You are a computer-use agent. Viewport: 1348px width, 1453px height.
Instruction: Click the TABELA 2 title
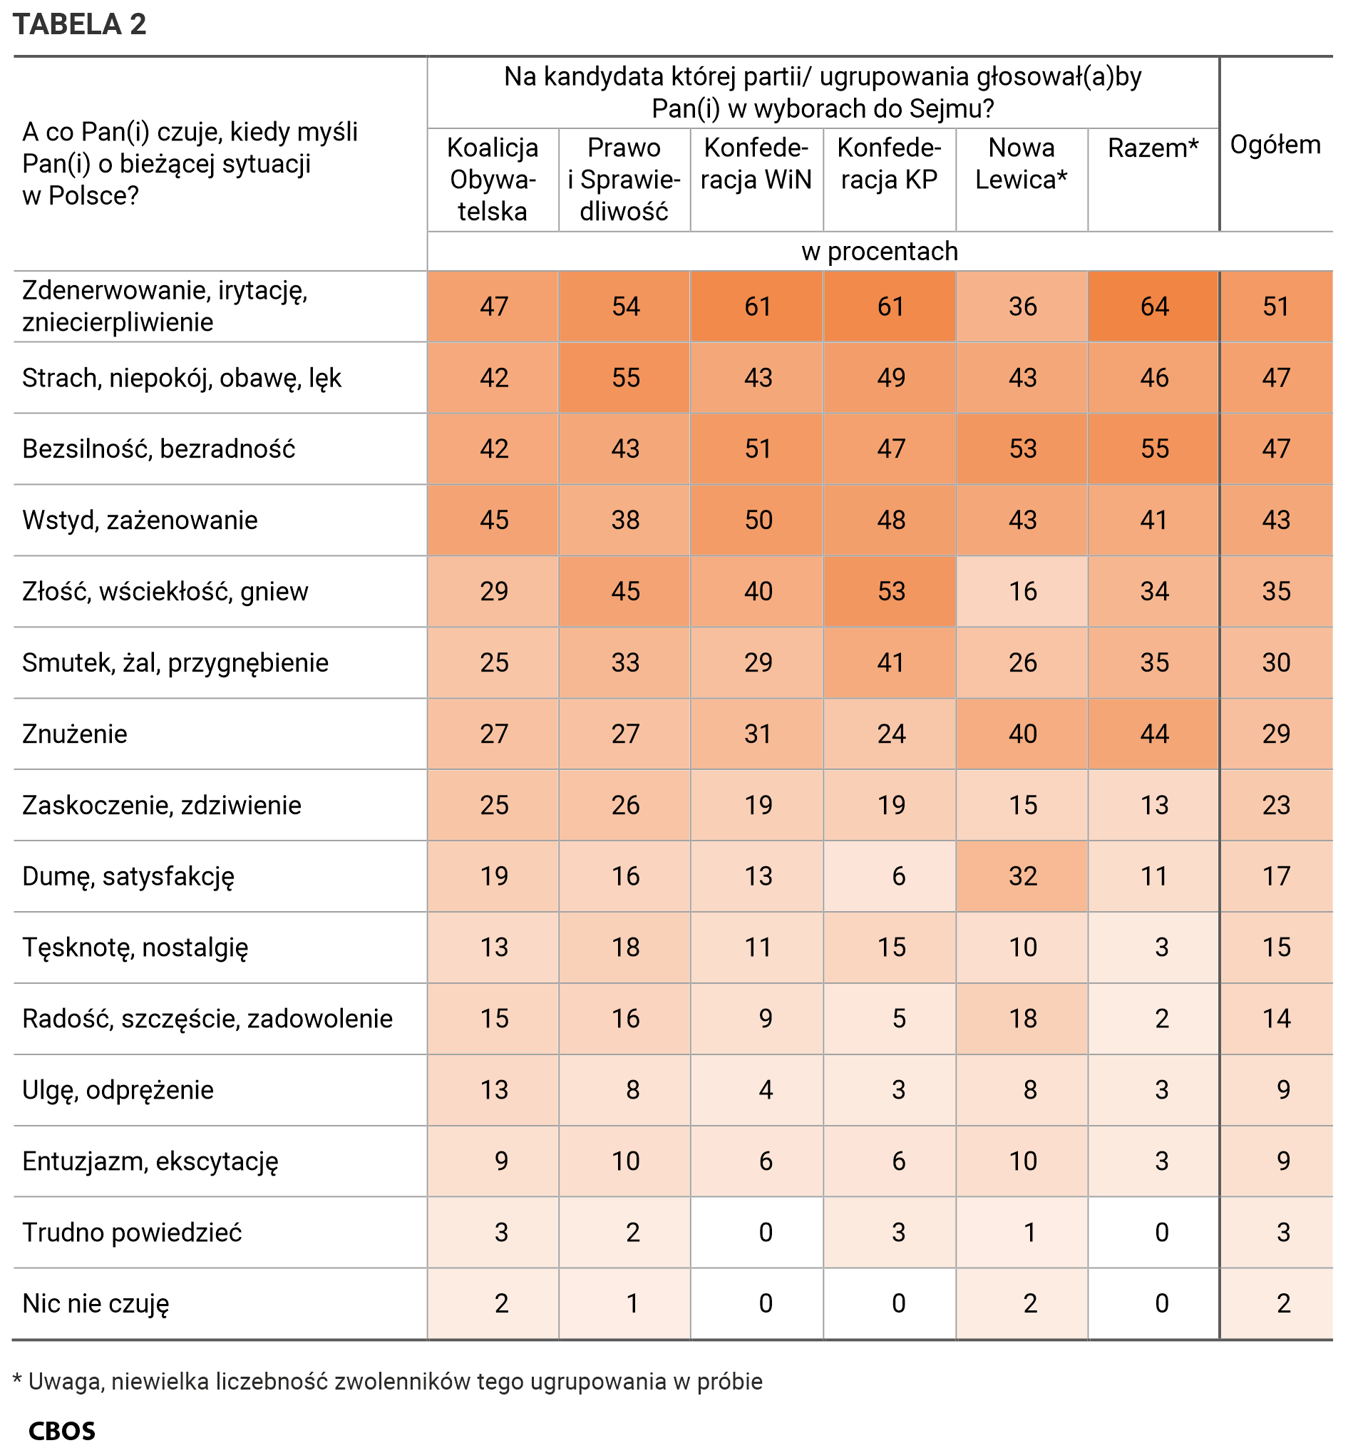(x=80, y=25)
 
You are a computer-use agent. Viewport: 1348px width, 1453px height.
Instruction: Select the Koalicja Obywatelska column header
(x=493, y=180)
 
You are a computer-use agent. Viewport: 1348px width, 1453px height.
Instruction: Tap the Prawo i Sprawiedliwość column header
(x=624, y=180)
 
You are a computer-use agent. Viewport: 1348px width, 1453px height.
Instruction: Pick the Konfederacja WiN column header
(x=756, y=163)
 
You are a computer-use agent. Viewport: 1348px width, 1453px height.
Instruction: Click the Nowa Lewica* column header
(x=1022, y=163)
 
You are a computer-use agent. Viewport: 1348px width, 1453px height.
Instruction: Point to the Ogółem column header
(x=1276, y=145)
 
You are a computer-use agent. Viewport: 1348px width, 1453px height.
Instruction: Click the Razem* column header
(x=1153, y=148)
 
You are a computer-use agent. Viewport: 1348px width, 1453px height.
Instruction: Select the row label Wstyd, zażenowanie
(x=140, y=520)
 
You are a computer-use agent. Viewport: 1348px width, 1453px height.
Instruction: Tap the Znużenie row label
(x=74, y=734)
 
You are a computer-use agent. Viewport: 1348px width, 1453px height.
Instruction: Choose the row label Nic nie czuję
(x=96, y=1303)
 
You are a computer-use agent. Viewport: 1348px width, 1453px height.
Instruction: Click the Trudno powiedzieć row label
(x=132, y=1232)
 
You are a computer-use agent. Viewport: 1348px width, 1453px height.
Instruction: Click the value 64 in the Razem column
(x=1155, y=307)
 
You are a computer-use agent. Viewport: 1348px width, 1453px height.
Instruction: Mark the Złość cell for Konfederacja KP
(x=890, y=592)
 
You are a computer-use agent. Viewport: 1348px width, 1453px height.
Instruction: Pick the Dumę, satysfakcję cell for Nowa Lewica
(x=1023, y=876)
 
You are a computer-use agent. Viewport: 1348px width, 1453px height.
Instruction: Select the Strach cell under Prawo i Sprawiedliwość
(x=626, y=378)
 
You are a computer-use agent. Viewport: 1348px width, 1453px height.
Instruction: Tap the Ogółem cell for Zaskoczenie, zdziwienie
(x=1277, y=805)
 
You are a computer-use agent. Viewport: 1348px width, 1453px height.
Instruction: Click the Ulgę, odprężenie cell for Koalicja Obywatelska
(x=494, y=1089)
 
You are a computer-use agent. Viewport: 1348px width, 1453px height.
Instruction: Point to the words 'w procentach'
(x=880, y=252)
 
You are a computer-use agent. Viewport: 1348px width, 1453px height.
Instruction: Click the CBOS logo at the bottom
(x=62, y=1431)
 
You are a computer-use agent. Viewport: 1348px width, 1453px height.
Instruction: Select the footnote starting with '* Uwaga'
(x=388, y=1382)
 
